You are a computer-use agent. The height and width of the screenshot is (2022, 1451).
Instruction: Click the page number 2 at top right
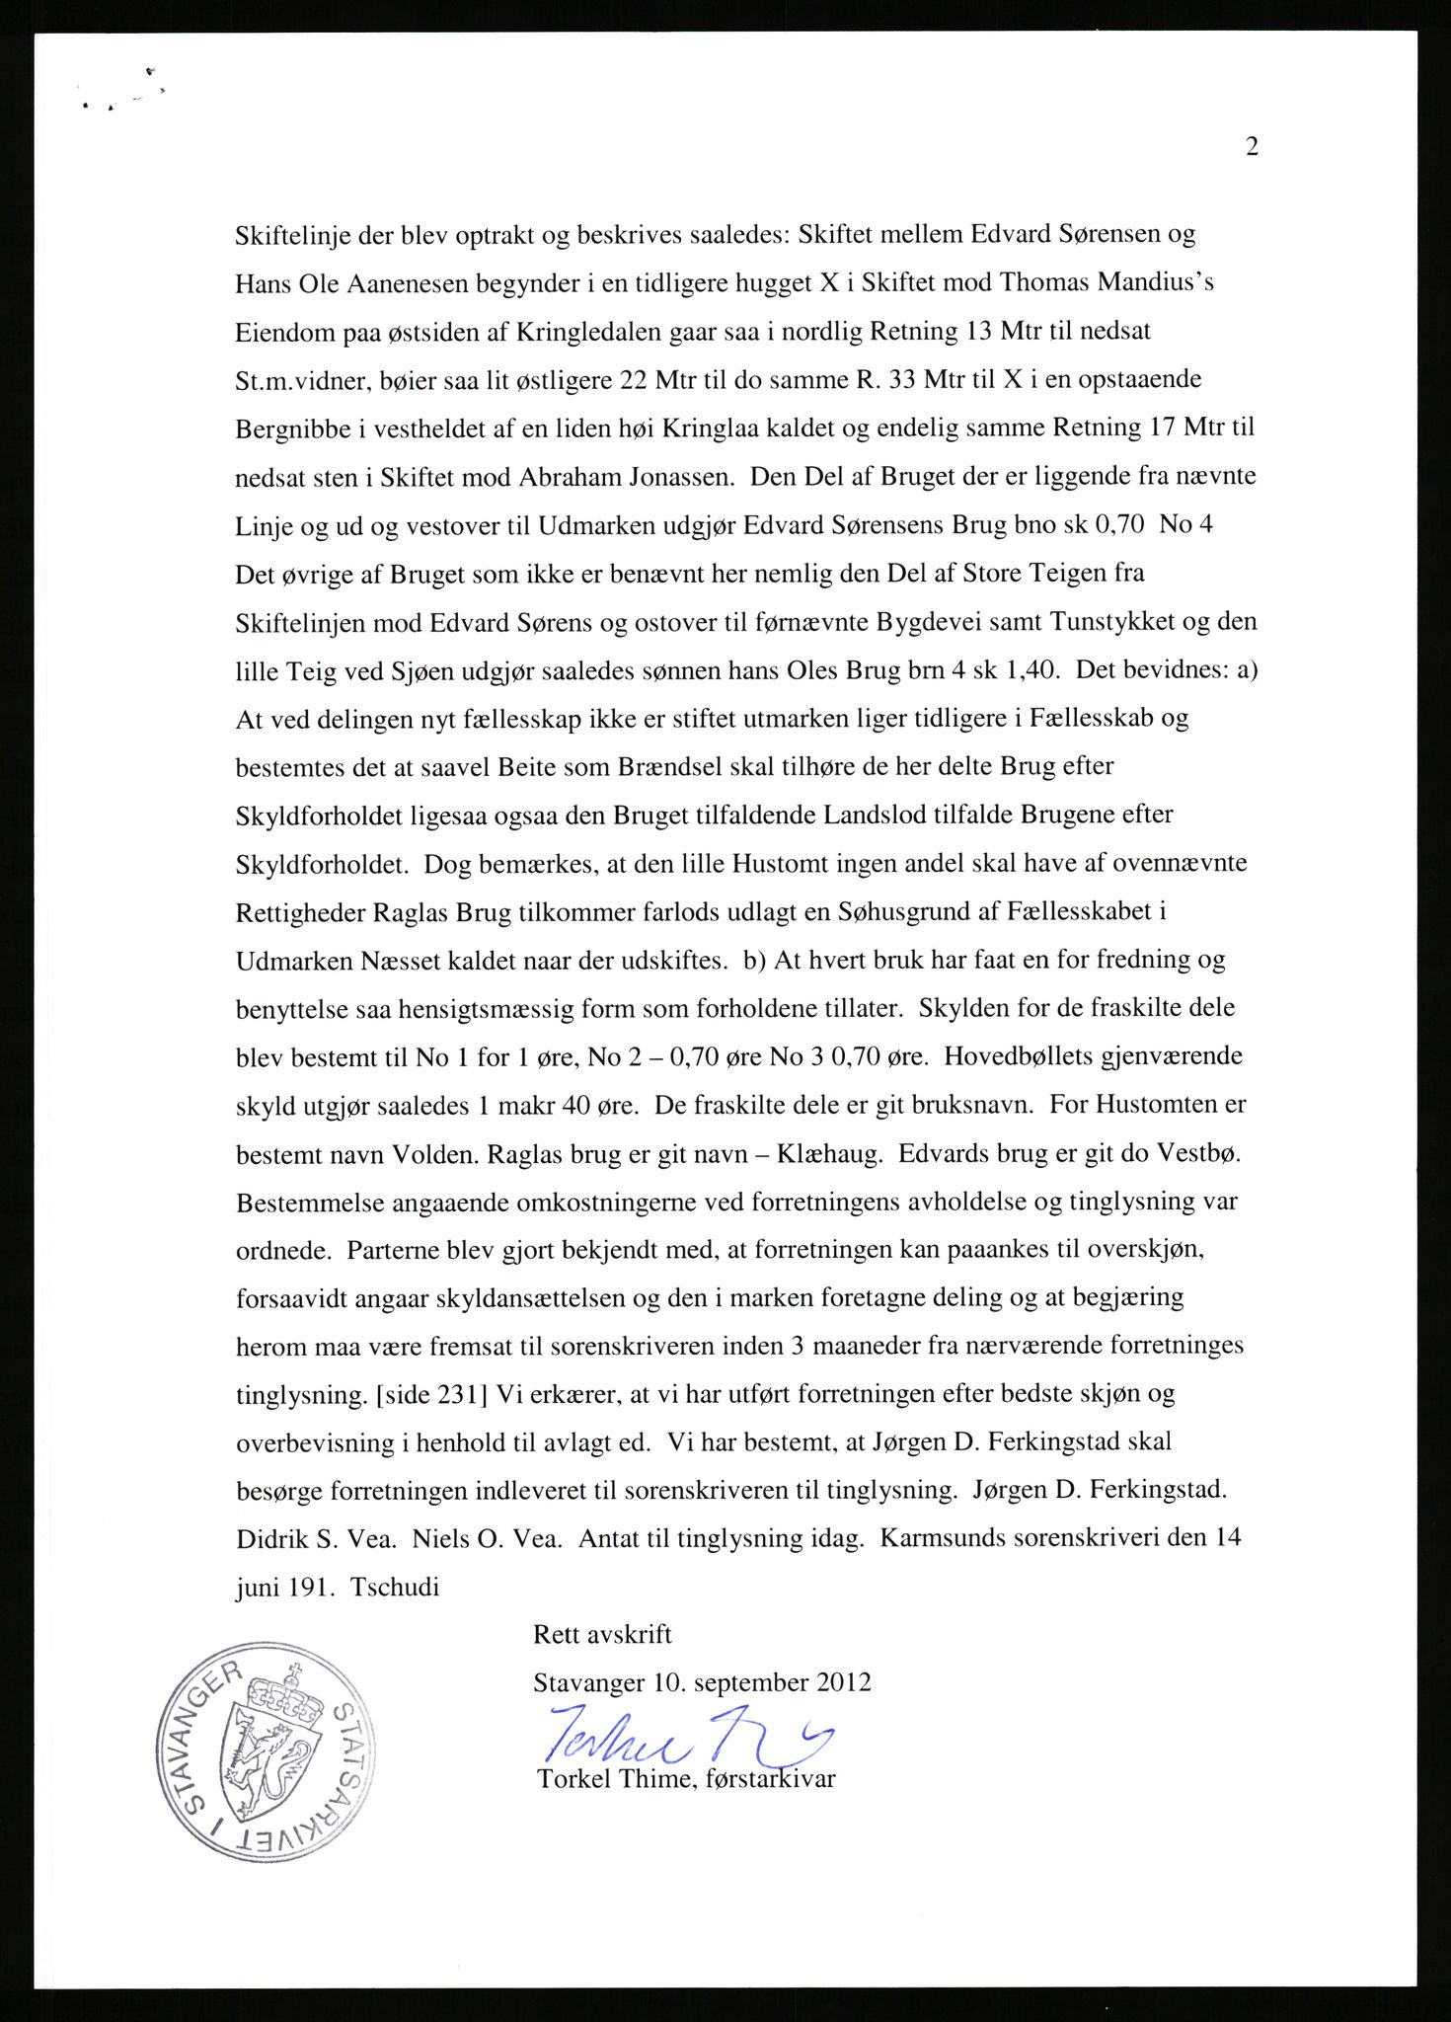(x=1252, y=147)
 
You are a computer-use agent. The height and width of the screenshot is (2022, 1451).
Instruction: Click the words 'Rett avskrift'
(x=602, y=1635)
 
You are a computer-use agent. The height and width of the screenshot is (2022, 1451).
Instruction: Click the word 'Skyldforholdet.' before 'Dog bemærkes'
(x=323, y=863)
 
